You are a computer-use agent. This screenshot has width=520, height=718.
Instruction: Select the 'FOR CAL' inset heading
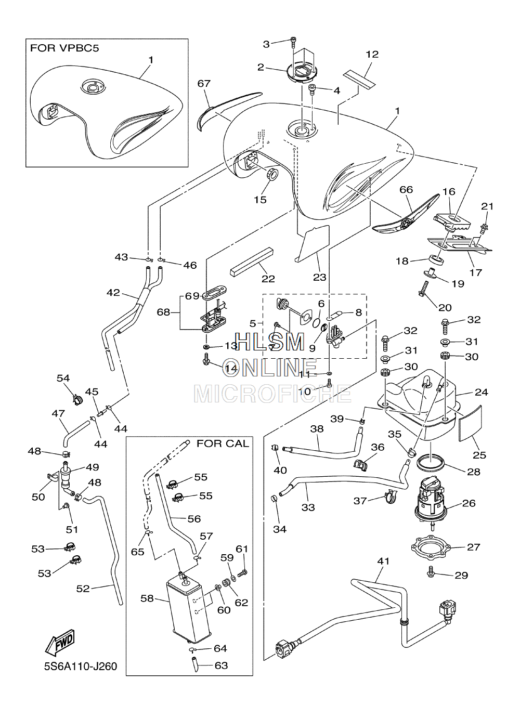pyautogui.click(x=223, y=443)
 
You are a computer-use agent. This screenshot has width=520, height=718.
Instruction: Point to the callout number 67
pyautogui.click(x=204, y=83)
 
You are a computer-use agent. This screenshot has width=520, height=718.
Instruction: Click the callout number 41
pyautogui.click(x=383, y=561)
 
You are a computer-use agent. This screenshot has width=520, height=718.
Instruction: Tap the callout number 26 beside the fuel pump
pyautogui.click(x=469, y=503)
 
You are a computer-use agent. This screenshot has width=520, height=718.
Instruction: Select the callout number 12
pyautogui.click(x=372, y=54)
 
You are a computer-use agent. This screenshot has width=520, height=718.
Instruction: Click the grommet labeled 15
pyautogui.click(x=272, y=174)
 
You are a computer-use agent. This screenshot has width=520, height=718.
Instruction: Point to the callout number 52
pyautogui.click(x=83, y=589)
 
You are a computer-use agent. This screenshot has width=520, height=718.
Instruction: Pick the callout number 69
pyautogui.click(x=192, y=296)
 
